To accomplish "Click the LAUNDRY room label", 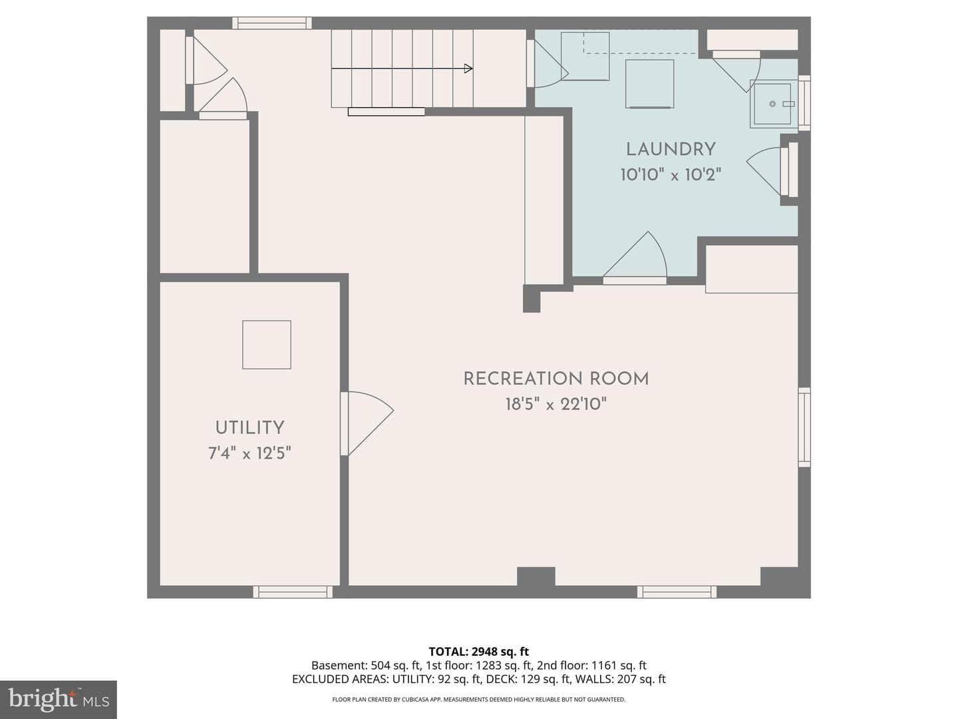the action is pos(671,150).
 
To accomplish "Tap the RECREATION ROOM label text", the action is pos(556,379).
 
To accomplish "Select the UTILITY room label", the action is pos(249,428).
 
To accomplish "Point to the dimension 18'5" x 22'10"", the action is pos(556,404).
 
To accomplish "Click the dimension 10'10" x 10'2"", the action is pos(671,175).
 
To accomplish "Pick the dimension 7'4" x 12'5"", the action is pos(249,453).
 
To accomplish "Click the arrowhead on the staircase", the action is pos(468,69).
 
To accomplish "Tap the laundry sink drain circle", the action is pos(772,104).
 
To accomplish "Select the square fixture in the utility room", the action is pos(267,345).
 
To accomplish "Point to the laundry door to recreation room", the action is pos(635,258).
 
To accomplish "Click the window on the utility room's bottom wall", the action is pos(293,592).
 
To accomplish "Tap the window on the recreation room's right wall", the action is pos(804,427).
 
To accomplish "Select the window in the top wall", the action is pos(272,23).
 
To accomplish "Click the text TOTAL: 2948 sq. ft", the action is pos(479,652).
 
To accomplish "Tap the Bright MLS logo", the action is pos(59,700).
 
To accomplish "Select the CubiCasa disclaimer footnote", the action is pos(479,699).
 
